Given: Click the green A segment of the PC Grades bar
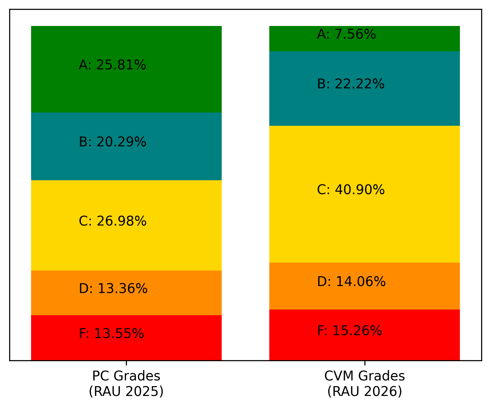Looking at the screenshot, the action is tap(126, 69).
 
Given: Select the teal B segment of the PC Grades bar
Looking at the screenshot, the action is tap(126, 146).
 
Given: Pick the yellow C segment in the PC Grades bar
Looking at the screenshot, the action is tap(126, 226).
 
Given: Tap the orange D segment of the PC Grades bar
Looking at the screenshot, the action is tap(126, 293).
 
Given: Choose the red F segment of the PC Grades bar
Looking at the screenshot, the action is tap(126, 338).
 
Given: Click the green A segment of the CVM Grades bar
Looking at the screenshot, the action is tap(364, 39).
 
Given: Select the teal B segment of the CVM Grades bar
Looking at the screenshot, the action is tap(364, 89).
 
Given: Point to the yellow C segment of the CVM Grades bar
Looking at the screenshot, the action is tap(364, 194).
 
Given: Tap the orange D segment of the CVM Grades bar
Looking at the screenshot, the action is tap(364, 286).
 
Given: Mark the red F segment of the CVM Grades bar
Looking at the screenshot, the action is tap(364, 335).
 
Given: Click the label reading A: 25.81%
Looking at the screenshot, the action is tap(112, 65).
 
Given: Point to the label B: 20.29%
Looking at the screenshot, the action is tap(112, 142).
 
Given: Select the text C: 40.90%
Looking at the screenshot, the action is tap(350, 189).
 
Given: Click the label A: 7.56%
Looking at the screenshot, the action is tap(346, 34).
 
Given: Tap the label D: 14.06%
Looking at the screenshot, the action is tap(351, 281).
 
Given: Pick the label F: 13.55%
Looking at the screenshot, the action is tap(111, 333).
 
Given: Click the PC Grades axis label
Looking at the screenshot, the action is tap(126, 376).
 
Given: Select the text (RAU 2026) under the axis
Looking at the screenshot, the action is tap(365, 392).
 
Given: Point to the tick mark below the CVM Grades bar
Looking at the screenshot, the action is tap(365, 363).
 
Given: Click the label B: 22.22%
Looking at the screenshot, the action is tap(350, 84).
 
